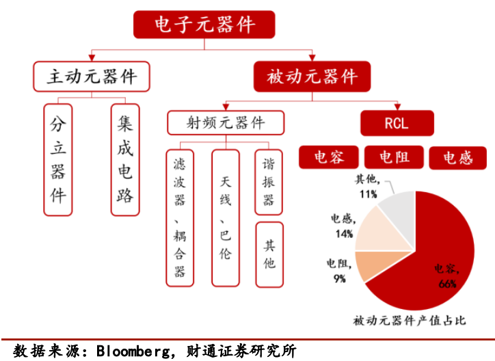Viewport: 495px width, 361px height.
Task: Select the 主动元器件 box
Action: coord(92,77)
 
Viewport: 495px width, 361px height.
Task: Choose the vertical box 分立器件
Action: coord(58,159)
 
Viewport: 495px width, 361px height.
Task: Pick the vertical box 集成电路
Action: coord(124,159)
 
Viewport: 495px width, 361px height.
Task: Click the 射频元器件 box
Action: coord(226,123)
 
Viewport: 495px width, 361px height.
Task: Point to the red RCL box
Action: coord(397,124)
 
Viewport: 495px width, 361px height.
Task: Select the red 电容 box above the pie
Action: coord(329,158)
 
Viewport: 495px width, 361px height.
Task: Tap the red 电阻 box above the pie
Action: coord(394,158)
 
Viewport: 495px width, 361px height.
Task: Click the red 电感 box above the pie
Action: coord(458,158)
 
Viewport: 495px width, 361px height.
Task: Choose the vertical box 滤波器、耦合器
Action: coord(180,217)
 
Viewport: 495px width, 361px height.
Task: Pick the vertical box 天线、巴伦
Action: coord(226,217)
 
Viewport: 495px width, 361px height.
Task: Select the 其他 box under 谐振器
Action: coord(269,254)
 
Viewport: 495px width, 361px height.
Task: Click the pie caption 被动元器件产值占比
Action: coord(410,320)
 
